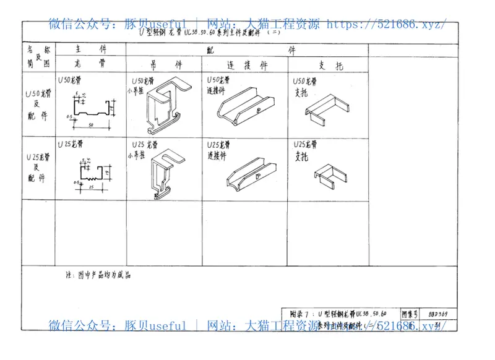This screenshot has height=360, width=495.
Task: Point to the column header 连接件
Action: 247,64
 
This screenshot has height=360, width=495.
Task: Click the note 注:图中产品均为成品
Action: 98,274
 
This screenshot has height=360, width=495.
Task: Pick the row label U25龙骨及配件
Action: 38,167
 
